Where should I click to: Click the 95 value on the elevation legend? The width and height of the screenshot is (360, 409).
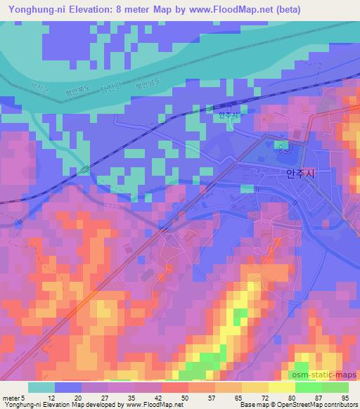[345, 397]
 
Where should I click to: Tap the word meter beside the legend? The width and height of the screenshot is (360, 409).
[11, 397]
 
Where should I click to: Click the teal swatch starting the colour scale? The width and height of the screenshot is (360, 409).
[41, 387]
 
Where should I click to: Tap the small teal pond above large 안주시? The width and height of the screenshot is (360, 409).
[283, 145]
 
